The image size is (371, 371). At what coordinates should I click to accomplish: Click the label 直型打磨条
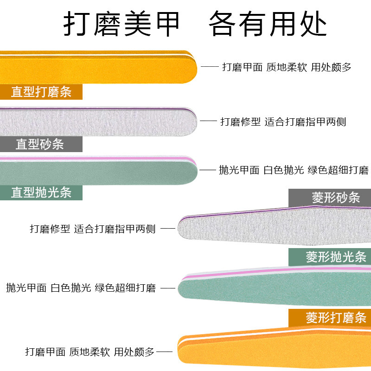pyautogui.click(x=41, y=92)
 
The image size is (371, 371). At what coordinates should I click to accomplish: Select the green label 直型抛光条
pyautogui.click(x=41, y=192)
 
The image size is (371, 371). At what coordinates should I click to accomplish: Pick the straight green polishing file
pyautogui.click(x=97, y=171)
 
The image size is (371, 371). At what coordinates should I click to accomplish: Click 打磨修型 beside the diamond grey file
pyautogui.click(x=50, y=229)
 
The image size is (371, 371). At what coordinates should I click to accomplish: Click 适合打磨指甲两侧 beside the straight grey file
pyautogui.click(x=306, y=122)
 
